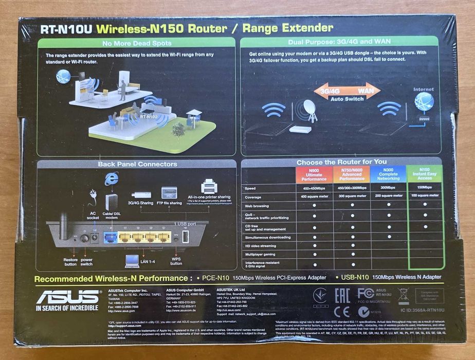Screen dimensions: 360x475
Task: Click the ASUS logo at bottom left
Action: pyautogui.click(x=67, y=297)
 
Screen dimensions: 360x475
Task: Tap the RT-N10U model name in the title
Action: pyautogui.click(x=66, y=29)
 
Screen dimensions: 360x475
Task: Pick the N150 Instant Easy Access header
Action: pyautogui.click(x=425, y=175)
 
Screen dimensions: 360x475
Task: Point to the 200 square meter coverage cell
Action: pyautogui.click(x=388, y=196)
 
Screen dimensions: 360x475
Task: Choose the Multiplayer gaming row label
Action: pyautogui.click(x=260, y=254)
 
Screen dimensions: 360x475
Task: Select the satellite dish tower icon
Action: pyautogui.click(x=310, y=110)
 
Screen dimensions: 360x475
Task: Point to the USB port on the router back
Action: pyautogui.click(x=186, y=237)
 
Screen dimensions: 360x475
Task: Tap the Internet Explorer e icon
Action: pyautogui.click(x=111, y=178)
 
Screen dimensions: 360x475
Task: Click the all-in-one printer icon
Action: pyautogui.click(x=209, y=185)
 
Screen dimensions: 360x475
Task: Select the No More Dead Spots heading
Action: pyautogui.click(x=137, y=43)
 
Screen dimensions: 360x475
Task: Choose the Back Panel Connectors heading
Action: pyautogui.click(x=137, y=165)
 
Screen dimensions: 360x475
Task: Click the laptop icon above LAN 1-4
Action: pyautogui.click(x=132, y=260)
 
